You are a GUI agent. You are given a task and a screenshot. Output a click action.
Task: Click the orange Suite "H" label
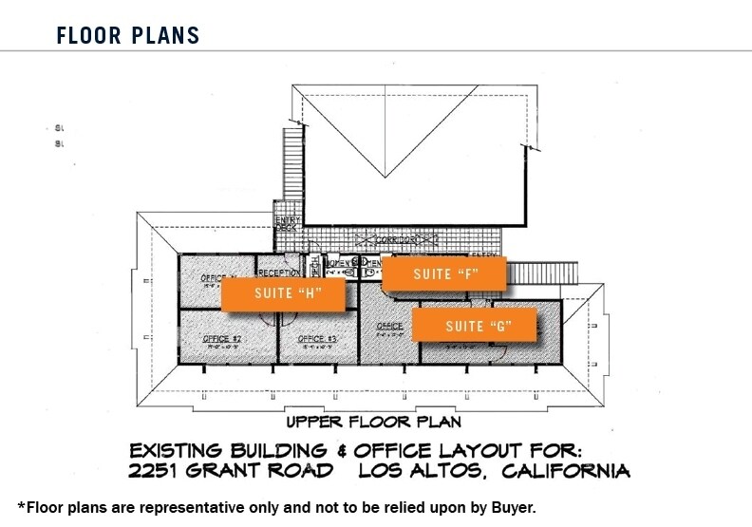[281, 294]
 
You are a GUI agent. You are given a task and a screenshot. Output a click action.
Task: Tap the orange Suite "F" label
[444, 274]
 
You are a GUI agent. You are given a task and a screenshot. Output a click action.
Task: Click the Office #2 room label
[221, 339]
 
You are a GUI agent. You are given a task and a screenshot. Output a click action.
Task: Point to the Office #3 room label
[317, 339]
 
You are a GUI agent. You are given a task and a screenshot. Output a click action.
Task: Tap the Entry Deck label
[287, 223]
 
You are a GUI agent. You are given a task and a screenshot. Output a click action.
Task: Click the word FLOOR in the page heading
[88, 36]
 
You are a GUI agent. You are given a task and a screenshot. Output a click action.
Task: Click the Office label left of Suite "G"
[389, 326]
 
